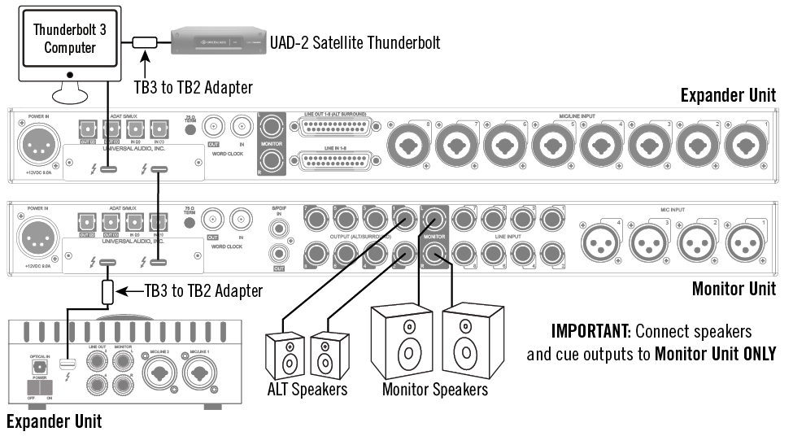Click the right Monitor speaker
click(466, 342)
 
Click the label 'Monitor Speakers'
click(435, 390)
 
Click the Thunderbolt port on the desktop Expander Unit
click(72, 364)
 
